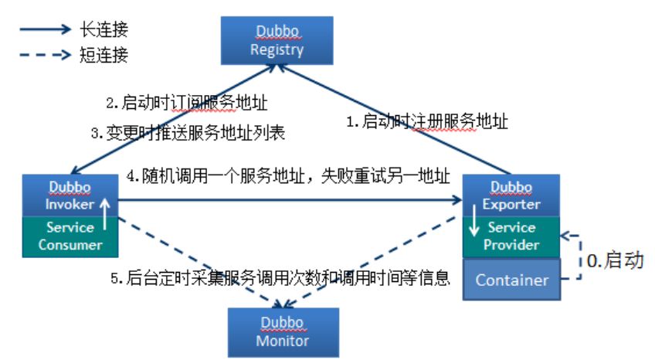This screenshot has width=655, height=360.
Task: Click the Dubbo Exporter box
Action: click(511, 196)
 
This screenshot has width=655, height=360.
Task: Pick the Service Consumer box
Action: click(70, 236)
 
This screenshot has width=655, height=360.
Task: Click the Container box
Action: click(511, 280)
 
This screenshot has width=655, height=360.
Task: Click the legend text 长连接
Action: click(104, 31)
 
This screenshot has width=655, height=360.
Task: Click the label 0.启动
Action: click(615, 260)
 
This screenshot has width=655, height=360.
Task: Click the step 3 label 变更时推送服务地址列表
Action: click(188, 133)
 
